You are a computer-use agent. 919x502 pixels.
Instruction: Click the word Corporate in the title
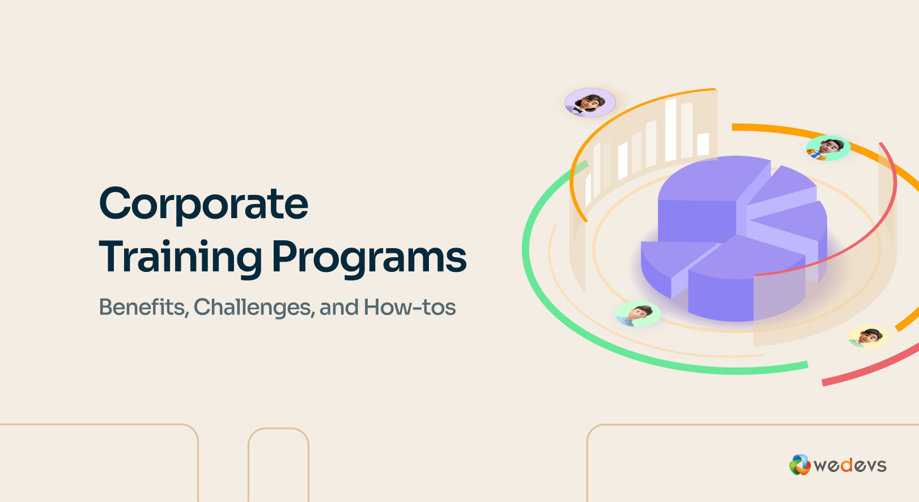[x=203, y=204]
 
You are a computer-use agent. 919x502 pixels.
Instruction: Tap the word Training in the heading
[x=180, y=258]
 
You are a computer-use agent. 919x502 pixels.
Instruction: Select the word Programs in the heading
[x=369, y=258]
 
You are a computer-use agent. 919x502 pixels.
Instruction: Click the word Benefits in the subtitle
[x=143, y=307]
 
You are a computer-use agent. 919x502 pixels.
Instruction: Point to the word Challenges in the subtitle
[x=254, y=307]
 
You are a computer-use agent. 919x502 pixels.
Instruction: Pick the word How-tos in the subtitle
[x=410, y=307]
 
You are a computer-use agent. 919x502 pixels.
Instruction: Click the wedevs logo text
[x=850, y=466]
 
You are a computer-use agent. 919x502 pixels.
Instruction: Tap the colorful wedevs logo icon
[x=799, y=465]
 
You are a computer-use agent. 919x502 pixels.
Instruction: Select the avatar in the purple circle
[x=590, y=103]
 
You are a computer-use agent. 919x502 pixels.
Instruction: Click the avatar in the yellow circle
[x=868, y=337]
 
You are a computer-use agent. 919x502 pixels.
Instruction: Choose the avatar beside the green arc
[x=638, y=313]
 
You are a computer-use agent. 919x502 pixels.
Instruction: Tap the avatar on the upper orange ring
[x=828, y=147]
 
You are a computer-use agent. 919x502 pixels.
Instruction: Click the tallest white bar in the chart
[x=671, y=130]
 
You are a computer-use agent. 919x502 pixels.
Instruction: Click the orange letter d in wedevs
[x=846, y=466]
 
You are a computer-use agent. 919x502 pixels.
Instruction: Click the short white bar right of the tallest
[x=703, y=144]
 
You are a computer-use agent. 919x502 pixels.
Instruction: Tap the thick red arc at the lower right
[x=873, y=368]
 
